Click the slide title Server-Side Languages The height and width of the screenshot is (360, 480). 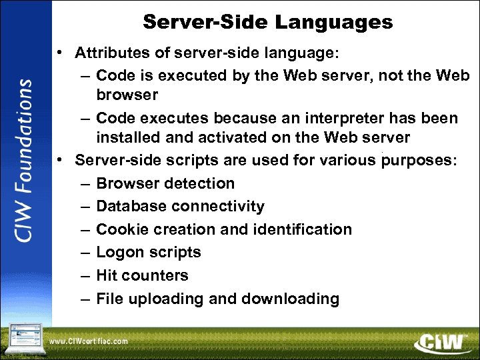pyautogui.click(x=267, y=22)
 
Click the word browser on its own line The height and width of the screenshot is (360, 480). pyautogui.click(x=127, y=95)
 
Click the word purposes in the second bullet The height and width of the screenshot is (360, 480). pyautogui.click(x=419, y=161)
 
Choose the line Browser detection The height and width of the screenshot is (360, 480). pyautogui.click(x=165, y=183)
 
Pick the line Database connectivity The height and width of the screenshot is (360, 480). pyautogui.click(x=180, y=207)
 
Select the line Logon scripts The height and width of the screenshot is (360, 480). pyautogui.click(x=149, y=253)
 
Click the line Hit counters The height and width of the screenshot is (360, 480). pyautogui.click(x=142, y=275)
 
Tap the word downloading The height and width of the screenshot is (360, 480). pyautogui.click(x=290, y=299)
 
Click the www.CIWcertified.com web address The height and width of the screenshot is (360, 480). pyautogui.click(x=89, y=341)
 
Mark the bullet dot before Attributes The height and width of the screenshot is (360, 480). pyautogui.click(x=61, y=53)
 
